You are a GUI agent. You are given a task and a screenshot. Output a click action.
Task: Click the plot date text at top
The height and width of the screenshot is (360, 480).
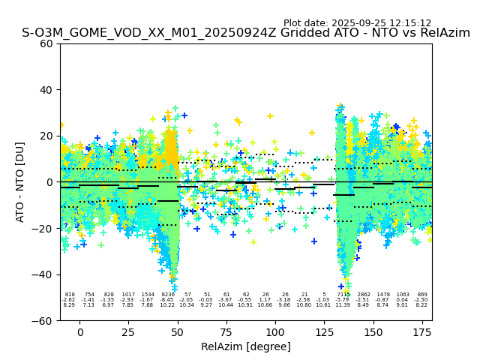point(357,23)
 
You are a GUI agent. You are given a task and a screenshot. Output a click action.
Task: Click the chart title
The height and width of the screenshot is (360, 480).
point(246,34)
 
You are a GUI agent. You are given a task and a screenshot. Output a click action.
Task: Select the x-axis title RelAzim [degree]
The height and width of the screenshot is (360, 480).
point(246,346)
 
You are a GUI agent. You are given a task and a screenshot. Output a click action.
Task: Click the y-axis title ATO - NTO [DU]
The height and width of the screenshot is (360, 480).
point(20,182)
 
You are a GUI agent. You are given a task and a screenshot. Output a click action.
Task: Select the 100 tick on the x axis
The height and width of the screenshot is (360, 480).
point(275,331)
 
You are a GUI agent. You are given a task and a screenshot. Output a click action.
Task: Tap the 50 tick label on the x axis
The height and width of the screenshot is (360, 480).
point(178,331)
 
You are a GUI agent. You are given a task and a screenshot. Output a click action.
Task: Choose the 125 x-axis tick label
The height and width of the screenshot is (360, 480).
point(324,331)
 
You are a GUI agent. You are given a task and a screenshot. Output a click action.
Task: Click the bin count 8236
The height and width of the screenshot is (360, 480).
point(167,295)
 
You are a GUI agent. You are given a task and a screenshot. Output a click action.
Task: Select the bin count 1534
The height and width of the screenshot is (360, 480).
point(148,295)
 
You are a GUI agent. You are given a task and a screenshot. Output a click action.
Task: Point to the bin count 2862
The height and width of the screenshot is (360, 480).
point(363,295)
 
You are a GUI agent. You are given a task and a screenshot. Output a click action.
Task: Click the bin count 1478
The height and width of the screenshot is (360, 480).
point(382,295)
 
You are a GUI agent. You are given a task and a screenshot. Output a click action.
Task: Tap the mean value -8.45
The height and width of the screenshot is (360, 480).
point(167,300)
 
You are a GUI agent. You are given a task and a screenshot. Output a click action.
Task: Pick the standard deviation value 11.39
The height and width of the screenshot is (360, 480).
point(343,305)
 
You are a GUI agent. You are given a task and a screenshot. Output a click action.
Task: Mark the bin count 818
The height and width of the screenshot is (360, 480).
point(70,295)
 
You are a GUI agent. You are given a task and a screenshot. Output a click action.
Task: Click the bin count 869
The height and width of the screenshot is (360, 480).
point(421,295)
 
